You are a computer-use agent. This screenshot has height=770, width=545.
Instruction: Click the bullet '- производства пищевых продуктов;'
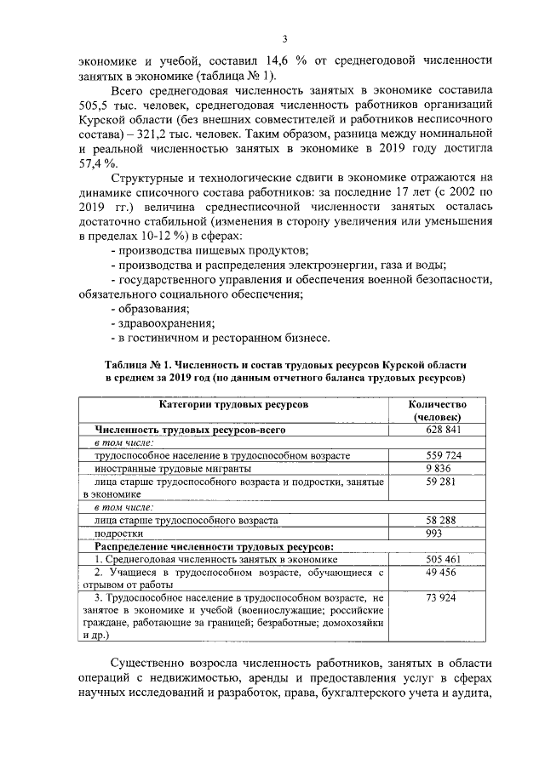209,249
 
